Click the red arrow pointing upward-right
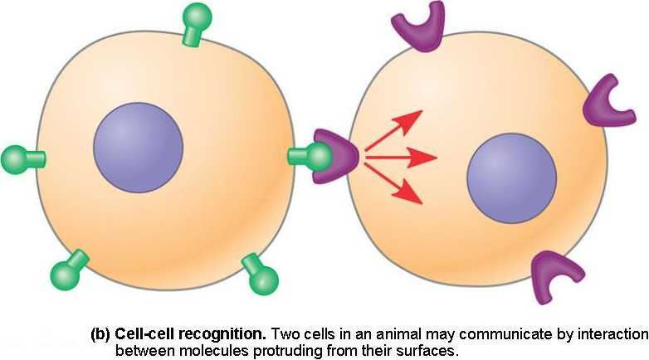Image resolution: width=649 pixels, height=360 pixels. click(x=393, y=129)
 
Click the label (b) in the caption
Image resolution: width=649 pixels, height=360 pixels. click(x=100, y=335)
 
